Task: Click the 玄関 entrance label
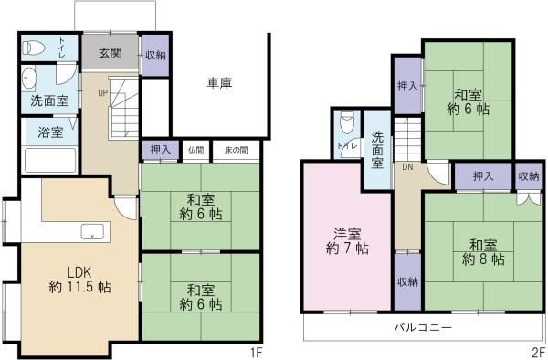(x=111, y=53)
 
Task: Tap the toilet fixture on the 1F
(x=34, y=48)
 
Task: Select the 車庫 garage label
(x=219, y=83)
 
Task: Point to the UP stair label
(x=103, y=93)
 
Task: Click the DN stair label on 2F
(x=407, y=167)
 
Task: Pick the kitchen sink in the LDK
(x=92, y=232)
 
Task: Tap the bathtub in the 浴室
(x=50, y=160)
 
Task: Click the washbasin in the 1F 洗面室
(x=28, y=78)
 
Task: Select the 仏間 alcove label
(x=195, y=150)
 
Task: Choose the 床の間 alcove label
(x=237, y=150)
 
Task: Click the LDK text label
(x=79, y=272)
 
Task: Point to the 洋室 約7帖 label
(x=347, y=241)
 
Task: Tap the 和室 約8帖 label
(x=483, y=252)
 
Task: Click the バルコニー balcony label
(x=423, y=327)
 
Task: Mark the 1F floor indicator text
(x=256, y=353)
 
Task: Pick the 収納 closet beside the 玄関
(x=155, y=55)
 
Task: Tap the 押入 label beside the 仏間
(x=161, y=150)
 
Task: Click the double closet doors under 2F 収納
(x=529, y=198)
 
